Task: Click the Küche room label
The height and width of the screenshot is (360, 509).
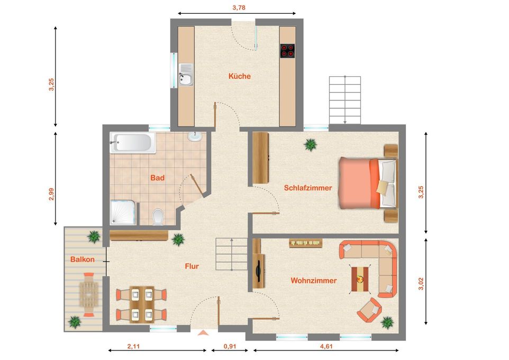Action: click(240, 76)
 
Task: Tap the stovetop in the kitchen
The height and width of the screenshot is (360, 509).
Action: click(287, 51)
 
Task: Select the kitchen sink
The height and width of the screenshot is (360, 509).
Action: click(186, 75)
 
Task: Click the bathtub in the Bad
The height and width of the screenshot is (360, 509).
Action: click(133, 142)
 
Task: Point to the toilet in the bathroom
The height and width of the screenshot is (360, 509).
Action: click(158, 217)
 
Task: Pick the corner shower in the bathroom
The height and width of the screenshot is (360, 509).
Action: click(123, 212)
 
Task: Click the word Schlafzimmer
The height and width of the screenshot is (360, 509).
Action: click(308, 188)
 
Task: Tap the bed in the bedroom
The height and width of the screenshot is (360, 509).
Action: click(368, 183)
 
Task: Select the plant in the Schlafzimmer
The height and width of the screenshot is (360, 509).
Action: click(311, 144)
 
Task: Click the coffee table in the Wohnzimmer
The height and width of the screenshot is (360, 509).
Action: click(360, 279)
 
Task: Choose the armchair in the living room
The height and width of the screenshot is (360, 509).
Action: click(369, 310)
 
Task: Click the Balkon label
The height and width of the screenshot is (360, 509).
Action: click(83, 259)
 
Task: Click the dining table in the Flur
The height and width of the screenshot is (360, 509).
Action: click(142, 304)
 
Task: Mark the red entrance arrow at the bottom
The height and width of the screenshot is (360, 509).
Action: click(203, 332)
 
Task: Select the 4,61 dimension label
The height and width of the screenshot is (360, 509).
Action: click(326, 346)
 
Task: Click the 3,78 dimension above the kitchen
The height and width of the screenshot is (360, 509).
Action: click(239, 7)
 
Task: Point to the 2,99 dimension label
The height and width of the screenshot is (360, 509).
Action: click(51, 194)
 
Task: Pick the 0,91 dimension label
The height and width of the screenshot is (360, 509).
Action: click(230, 346)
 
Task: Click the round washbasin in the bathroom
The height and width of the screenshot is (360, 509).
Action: click(195, 137)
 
